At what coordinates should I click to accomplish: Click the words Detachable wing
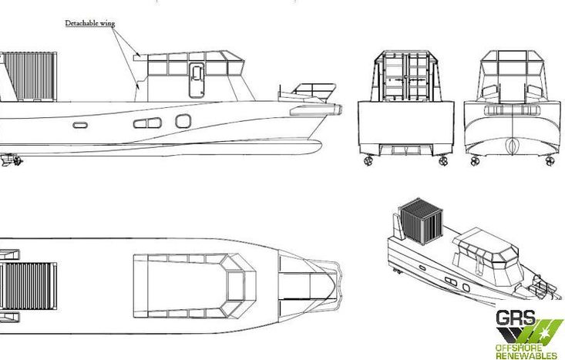pos(89,23)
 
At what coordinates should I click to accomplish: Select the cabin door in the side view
pos(197,80)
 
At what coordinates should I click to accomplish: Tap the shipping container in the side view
pos(29,76)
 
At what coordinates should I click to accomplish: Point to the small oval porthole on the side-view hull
pos(80,125)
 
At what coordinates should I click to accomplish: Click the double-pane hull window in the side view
pos(147,123)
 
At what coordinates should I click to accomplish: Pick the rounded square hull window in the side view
pos(183,121)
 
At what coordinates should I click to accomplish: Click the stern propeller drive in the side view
pos(11,160)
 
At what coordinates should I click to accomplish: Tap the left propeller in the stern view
pos(368,160)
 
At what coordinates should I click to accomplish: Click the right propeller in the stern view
pos(443,160)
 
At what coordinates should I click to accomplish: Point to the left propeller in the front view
pos(475,160)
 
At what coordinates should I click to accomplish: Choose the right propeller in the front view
pos(550,160)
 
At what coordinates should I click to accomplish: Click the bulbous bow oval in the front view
pos(512,146)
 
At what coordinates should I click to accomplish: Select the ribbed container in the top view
pos(29,286)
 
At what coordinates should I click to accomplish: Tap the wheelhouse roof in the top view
pos(194,286)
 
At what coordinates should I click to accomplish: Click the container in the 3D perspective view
pos(422,221)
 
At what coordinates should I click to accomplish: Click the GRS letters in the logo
pos(516,318)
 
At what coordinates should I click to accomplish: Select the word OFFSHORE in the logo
pos(519,348)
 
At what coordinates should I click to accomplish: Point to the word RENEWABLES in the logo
pos(526,355)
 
